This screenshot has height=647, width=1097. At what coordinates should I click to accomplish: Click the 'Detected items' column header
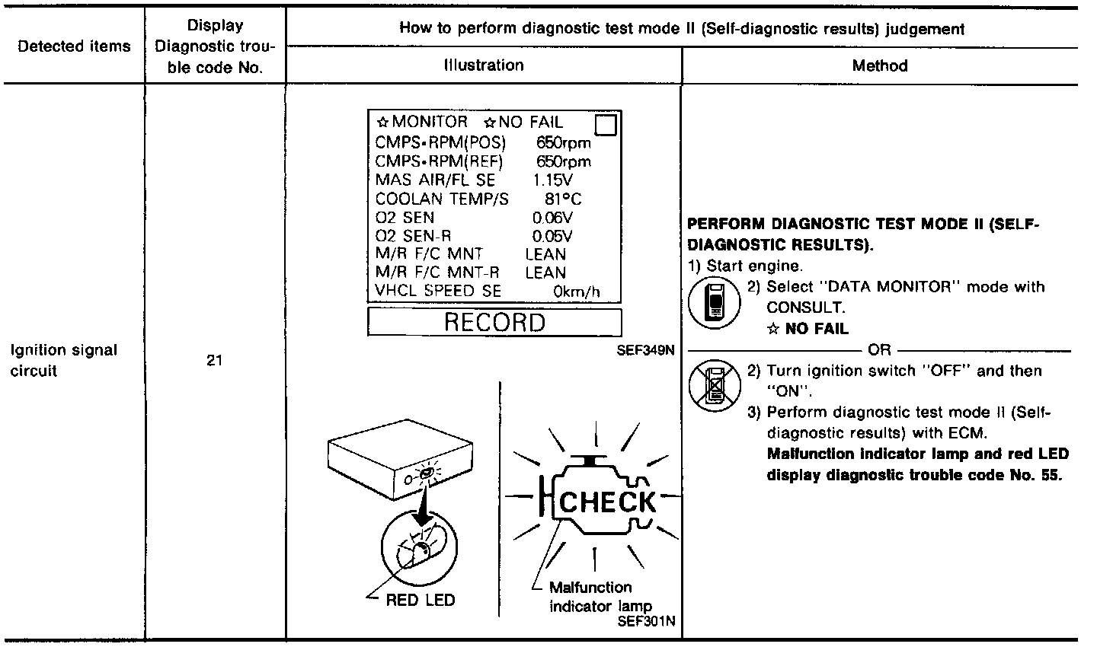74,46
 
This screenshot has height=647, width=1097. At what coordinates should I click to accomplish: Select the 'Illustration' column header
484,65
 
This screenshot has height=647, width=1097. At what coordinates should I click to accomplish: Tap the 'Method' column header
880,65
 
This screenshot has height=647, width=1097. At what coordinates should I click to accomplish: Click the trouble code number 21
214,361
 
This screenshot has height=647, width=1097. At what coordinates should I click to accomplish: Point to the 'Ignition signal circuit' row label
64,361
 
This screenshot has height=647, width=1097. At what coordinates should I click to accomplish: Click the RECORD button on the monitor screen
494,322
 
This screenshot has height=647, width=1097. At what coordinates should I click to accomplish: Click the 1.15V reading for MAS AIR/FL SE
553,180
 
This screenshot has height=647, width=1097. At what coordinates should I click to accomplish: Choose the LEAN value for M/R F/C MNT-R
545,272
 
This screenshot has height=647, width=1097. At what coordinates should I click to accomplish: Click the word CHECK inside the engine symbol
607,502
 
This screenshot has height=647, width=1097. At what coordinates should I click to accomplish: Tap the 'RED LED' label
420,600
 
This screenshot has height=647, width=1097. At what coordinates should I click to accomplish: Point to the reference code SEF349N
649,353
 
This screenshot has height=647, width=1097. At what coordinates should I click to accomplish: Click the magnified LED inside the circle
417,550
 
